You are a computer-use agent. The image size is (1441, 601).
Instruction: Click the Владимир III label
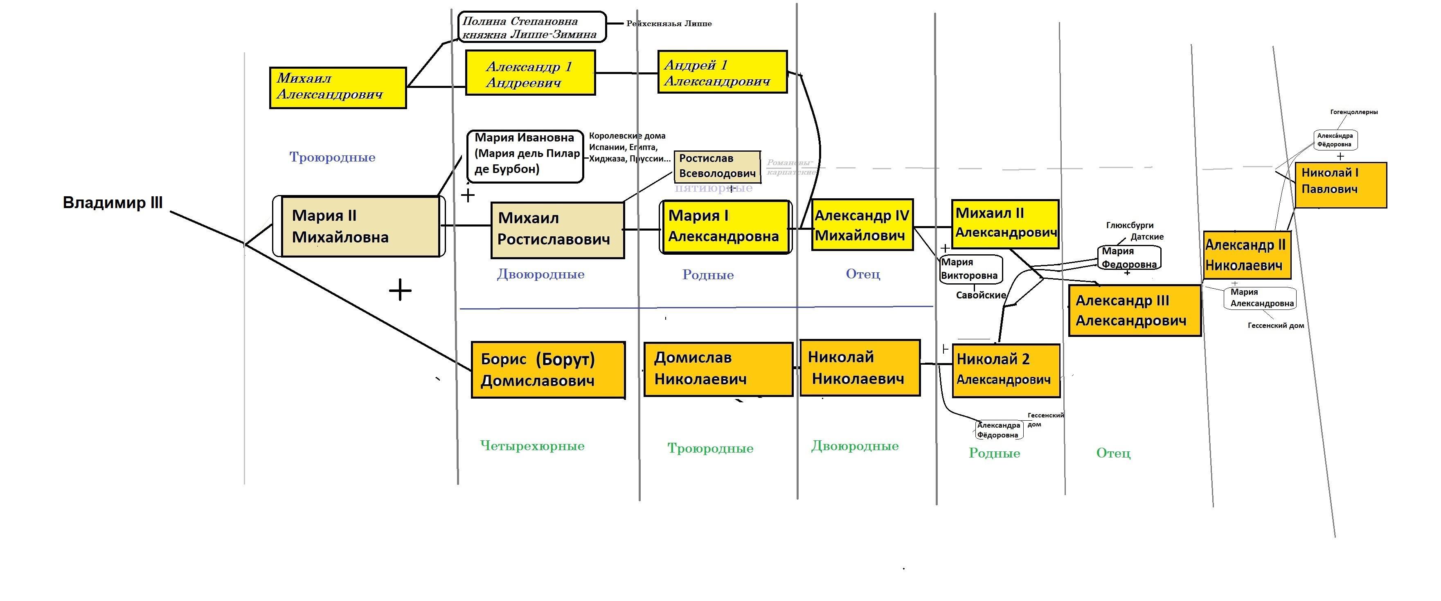click(113, 202)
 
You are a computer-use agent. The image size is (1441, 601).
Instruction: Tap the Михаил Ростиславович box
click(557, 230)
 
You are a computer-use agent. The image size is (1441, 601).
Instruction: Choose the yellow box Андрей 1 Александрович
click(722, 72)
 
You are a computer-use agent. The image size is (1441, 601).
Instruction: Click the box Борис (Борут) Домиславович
click(548, 370)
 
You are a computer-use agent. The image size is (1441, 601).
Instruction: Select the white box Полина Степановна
click(531, 27)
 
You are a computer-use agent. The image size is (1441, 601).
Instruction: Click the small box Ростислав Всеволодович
click(717, 166)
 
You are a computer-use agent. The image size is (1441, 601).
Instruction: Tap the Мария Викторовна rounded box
click(970, 269)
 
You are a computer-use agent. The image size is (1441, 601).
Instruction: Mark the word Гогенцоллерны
click(1354, 112)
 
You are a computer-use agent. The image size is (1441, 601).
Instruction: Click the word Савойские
click(981, 295)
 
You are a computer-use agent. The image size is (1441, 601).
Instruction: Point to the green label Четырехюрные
click(532, 446)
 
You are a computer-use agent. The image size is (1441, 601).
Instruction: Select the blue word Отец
click(862, 274)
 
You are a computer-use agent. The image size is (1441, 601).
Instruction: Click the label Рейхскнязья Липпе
click(669, 23)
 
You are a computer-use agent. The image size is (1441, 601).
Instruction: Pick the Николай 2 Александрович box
click(1006, 370)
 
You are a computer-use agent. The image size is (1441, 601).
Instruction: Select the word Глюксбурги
click(1129, 225)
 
